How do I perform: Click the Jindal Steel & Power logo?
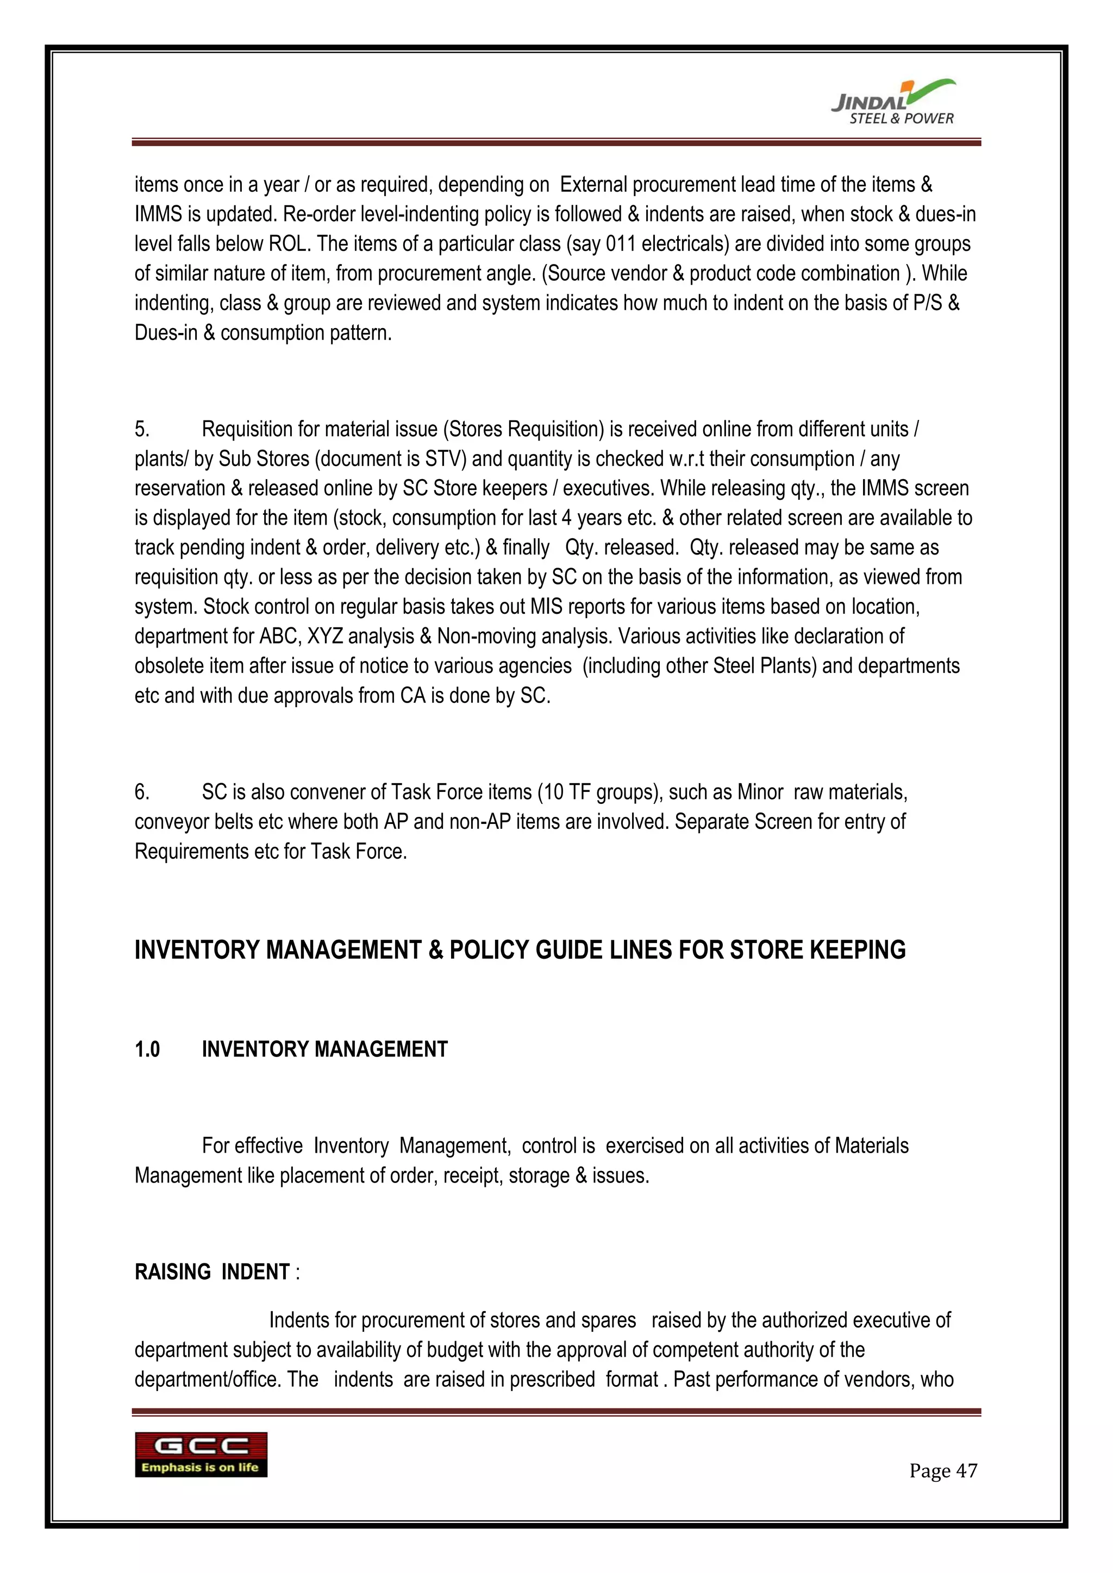[893, 103]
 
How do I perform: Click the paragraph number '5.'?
[142, 430]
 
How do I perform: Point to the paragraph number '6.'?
[142, 792]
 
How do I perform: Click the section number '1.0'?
[147, 1049]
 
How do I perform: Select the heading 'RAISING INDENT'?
[212, 1272]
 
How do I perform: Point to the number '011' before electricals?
[621, 244]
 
